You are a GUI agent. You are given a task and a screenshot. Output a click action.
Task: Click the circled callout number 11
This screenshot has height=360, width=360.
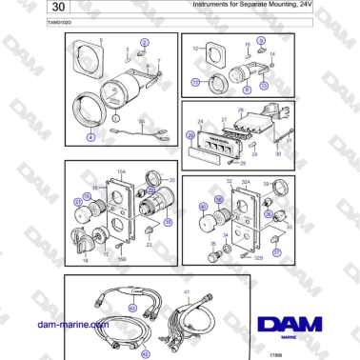pos(196,83)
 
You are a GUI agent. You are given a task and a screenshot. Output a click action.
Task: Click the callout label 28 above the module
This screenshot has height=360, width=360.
pos(242,110)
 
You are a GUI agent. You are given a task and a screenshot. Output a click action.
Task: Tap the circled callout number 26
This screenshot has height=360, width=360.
pos(191,136)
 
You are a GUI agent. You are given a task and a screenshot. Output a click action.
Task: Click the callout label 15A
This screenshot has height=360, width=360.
pos(121,172)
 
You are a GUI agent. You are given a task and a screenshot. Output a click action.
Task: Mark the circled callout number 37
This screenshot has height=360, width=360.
pos(276,252)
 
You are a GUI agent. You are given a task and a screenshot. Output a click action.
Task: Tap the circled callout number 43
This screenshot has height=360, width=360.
pos(131,308)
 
